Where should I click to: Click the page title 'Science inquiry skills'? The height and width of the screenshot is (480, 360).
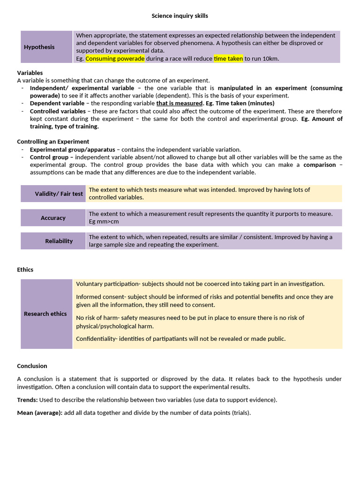pos(180,16)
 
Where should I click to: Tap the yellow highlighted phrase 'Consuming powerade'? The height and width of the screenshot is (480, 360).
pos(115,59)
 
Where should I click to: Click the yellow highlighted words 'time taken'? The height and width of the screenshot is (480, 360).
pos(228,59)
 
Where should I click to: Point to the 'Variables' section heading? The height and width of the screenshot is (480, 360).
pos(30,73)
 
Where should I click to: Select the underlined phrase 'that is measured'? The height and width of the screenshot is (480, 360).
pos(179,103)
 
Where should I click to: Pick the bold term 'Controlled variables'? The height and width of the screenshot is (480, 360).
pos(58,111)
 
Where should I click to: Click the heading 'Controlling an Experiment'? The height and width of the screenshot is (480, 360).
pos(53,142)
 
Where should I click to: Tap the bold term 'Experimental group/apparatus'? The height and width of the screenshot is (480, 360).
pos(72,150)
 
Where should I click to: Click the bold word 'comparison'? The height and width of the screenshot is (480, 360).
pos(320,165)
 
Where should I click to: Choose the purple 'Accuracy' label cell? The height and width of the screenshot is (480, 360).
pos(53,218)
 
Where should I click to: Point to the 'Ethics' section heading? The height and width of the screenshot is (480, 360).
pos(25,270)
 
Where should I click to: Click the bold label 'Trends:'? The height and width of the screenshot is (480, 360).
pos(27,400)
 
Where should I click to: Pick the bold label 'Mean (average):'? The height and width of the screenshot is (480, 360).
pos(39,413)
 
